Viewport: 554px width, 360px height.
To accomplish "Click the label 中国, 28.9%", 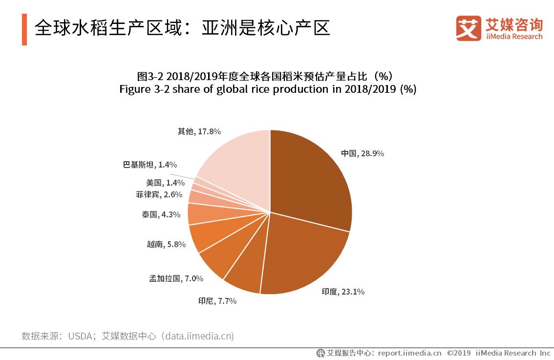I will pos(362,153).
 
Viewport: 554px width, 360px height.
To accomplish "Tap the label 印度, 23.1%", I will pos(343,292).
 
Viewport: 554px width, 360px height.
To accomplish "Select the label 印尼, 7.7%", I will pos(217,301).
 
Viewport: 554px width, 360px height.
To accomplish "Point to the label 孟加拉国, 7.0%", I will pos(176,278).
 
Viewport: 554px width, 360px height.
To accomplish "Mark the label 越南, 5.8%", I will pos(166,244).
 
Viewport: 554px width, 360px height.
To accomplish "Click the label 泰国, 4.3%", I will pos(161,214).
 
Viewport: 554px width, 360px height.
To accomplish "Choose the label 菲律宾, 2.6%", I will pos(159,194).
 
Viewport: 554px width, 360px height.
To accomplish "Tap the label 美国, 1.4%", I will pos(165,183).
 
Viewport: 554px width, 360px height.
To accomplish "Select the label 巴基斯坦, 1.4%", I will pos(149,165).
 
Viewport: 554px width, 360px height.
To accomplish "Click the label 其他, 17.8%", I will pos(199,131).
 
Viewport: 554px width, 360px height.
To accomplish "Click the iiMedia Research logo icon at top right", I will pos(469,28).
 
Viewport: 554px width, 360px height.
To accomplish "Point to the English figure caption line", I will pos(268,89).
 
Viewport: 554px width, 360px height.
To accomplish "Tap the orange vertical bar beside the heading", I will pos(24,29).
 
